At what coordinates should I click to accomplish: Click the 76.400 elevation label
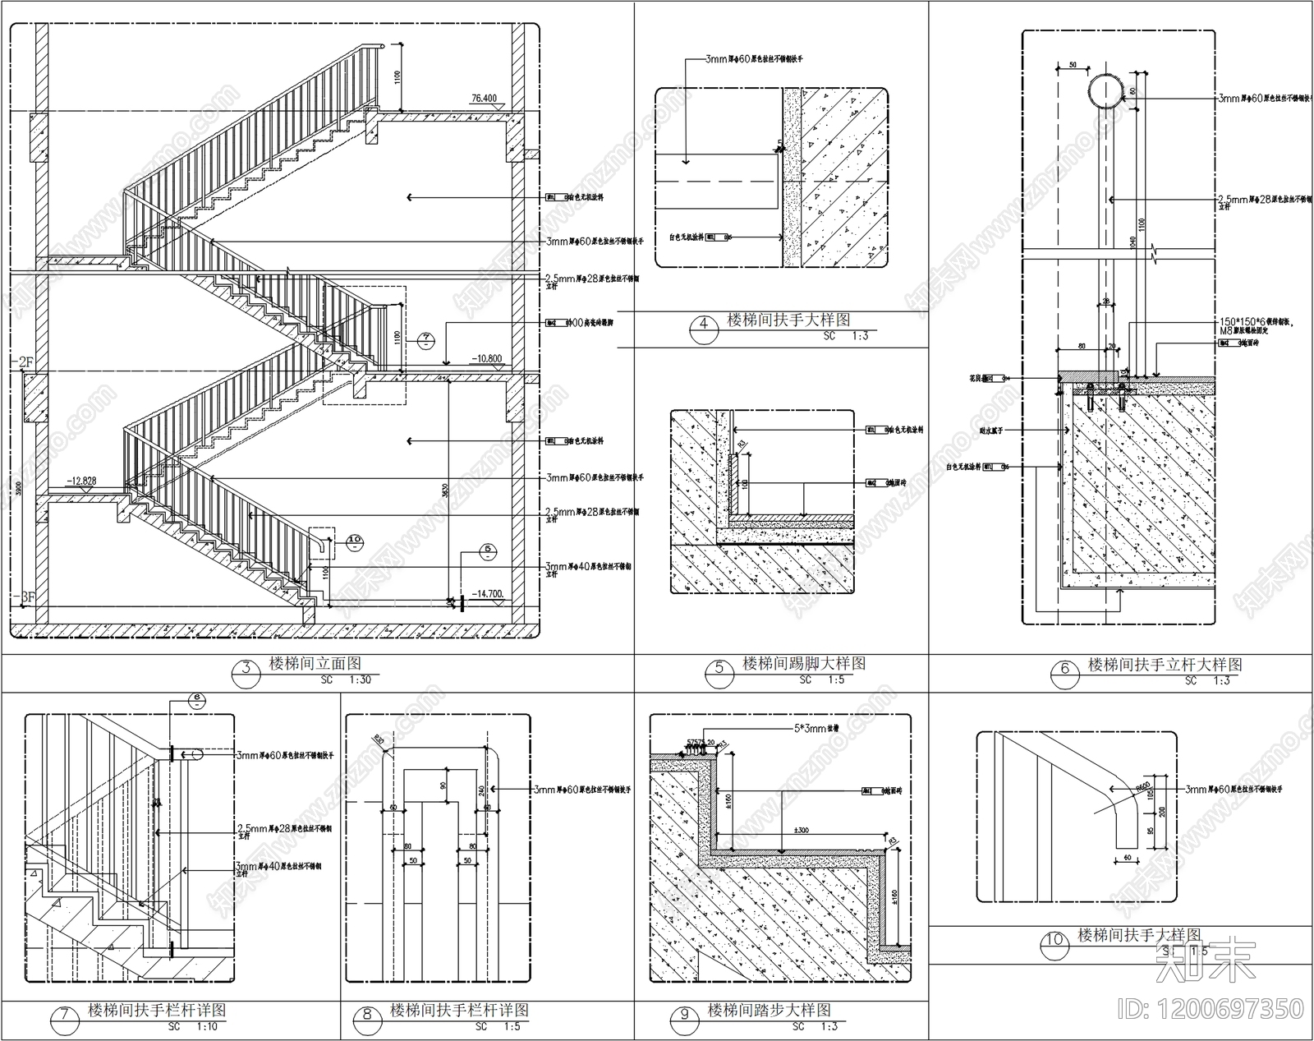(485, 99)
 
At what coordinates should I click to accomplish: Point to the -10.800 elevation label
(487, 358)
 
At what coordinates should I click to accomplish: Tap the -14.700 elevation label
(489, 593)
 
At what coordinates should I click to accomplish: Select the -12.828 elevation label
(82, 481)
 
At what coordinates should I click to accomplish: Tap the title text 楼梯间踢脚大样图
(804, 663)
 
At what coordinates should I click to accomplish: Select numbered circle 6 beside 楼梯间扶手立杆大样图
(1065, 670)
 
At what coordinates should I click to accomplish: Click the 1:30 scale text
(361, 680)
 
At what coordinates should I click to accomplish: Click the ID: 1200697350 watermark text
(1228, 1008)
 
